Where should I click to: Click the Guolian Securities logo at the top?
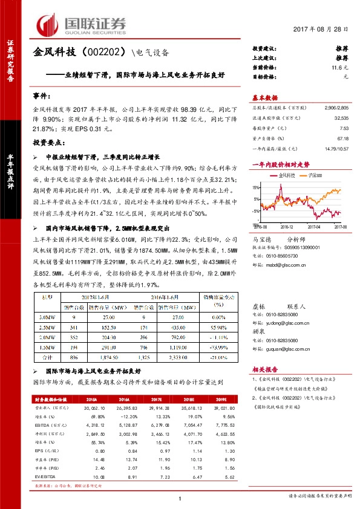pos(82,25)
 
